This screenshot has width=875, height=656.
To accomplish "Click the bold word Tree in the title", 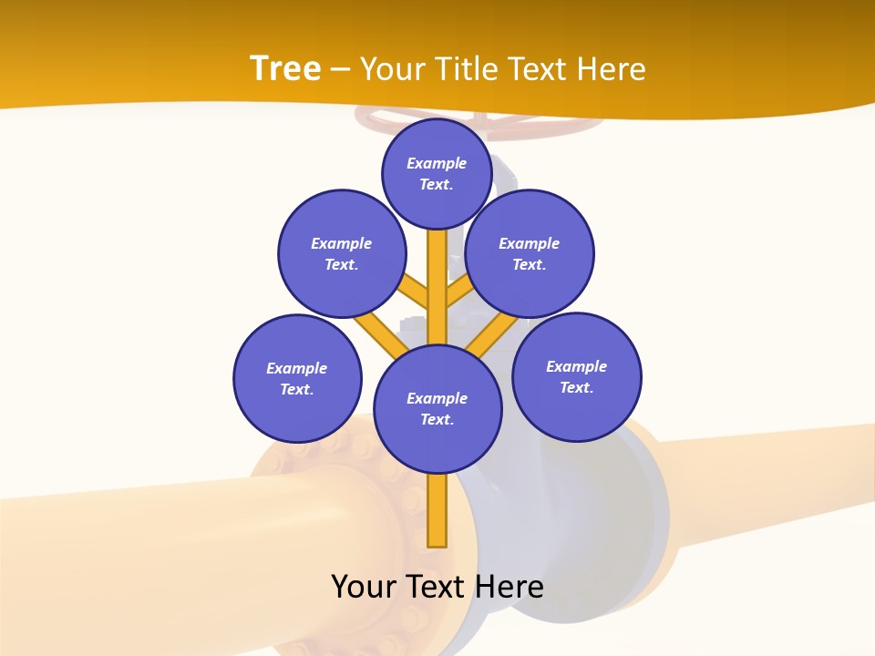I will pyautogui.click(x=285, y=68).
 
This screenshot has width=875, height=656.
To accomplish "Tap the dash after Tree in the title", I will pyautogui.click(x=341, y=70).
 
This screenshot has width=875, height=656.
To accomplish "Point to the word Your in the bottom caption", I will pyautogui.click(x=365, y=586).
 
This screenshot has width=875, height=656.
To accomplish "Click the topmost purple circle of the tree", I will pyautogui.click(x=437, y=173).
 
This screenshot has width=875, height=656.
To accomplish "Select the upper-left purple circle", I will pyautogui.click(x=341, y=253).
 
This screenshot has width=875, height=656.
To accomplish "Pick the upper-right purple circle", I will pyautogui.click(x=529, y=253).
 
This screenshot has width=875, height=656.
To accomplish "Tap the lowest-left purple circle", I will pyautogui.click(x=297, y=378).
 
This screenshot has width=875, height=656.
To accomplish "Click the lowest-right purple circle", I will pyautogui.click(x=576, y=376).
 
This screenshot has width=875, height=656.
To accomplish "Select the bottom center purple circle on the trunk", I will pyautogui.click(x=437, y=408).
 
